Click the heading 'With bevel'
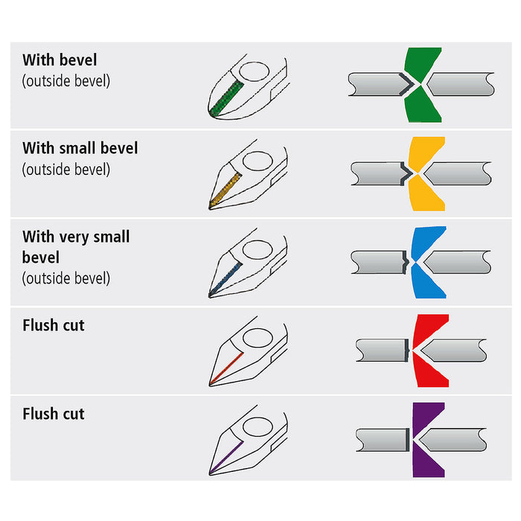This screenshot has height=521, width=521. pyautogui.click(x=60, y=60)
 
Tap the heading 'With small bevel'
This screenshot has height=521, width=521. pyautogui.click(x=80, y=148)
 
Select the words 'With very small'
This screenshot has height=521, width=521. pyautogui.click(x=76, y=237)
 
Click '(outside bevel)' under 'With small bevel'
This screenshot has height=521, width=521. pyautogui.click(x=66, y=169)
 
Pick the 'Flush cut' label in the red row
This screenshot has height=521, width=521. pyautogui.click(x=54, y=325)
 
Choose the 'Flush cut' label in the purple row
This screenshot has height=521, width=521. pyautogui.click(x=54, y=414)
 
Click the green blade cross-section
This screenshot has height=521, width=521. pyautogui.click(x=423, y=63)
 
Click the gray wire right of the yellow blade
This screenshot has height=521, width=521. pyautogui.click(x=461, y=173)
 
